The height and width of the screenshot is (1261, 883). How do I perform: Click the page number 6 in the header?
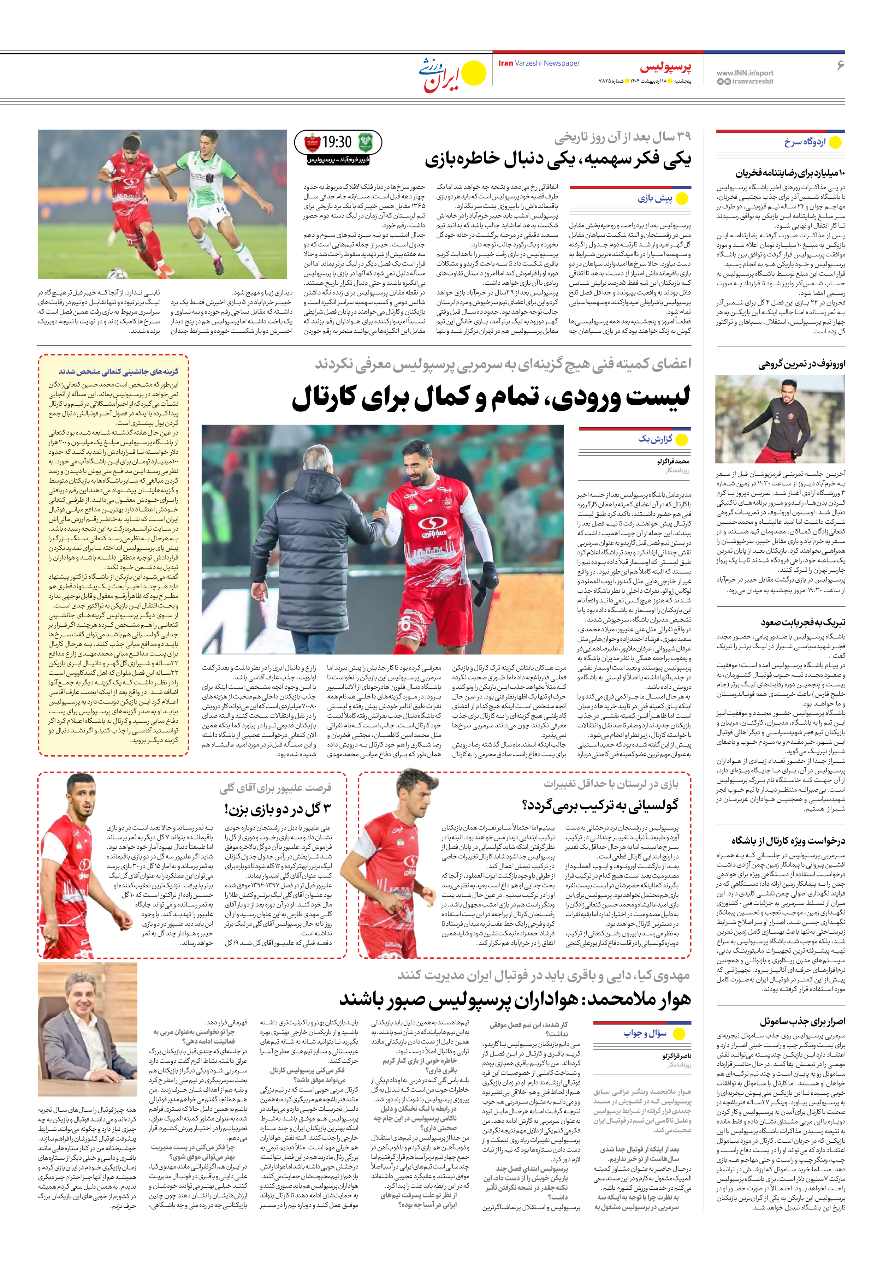(839, 65)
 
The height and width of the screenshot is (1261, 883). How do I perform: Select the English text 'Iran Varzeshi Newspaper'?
(539, 63)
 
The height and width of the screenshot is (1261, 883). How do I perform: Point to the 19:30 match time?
(336, 142)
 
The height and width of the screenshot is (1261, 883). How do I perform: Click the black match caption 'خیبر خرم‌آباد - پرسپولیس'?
(337, 160)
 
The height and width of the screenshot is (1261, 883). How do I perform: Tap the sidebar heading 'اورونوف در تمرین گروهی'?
(802, 364)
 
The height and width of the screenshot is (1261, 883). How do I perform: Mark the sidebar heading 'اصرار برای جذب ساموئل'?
(802, 1021)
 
